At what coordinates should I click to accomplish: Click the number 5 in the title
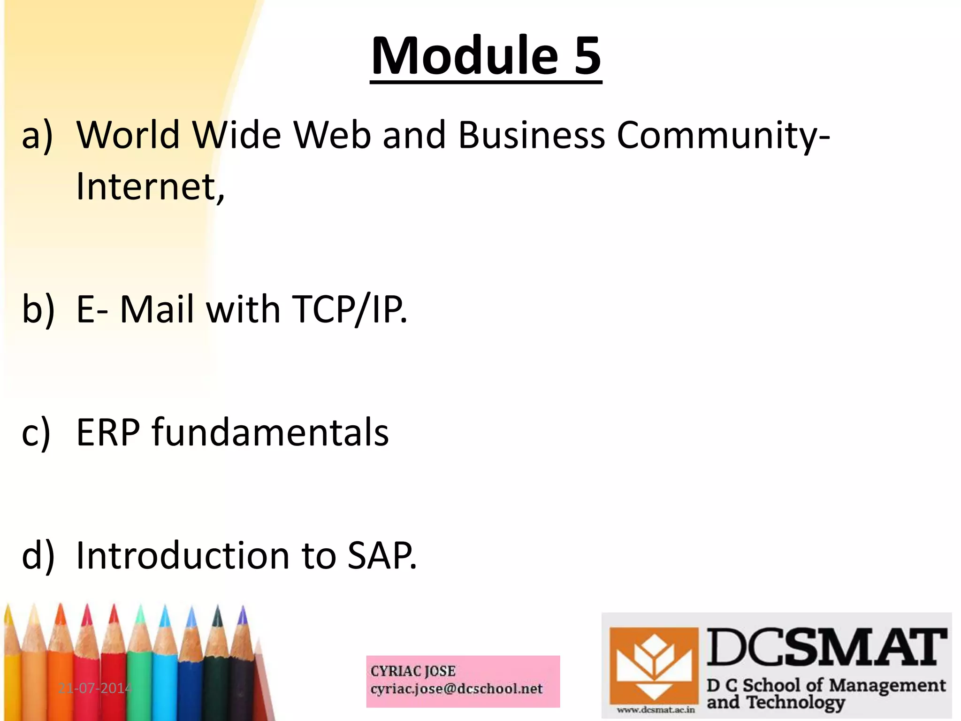pos(587,56)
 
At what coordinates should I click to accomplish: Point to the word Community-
pos(723,136)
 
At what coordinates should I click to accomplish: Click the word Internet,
pos(150,187)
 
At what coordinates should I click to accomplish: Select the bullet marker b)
pos(38,310)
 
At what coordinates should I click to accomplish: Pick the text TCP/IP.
pos(349,310)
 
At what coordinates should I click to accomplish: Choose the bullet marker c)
pos(37,433)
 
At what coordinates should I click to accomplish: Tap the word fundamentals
pos(270,433)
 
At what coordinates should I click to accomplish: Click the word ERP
pos(108,433)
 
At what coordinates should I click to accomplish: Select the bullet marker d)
pos(38,556)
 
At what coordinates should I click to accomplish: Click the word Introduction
pos(183,556)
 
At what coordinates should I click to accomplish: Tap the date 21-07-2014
pos(95,689)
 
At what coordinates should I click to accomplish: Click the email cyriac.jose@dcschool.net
pos(456,689)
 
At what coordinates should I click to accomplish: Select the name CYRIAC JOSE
pos(413,671)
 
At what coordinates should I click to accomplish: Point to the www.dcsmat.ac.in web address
pos(656,710)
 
